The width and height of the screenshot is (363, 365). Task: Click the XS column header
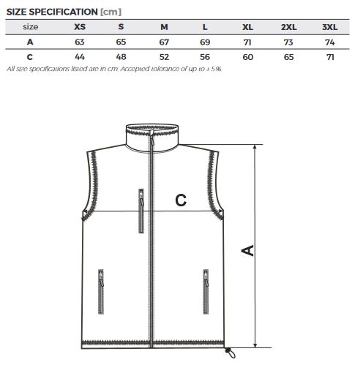click(80, 26)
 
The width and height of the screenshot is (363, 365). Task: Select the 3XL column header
click(330, 27)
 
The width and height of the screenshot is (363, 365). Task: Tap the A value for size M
click(164, 42)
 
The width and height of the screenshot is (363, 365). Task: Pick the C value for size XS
click(80, 57)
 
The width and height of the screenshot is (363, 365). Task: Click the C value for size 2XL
click(288, 57)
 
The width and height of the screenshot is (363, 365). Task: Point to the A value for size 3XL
click(330, 42)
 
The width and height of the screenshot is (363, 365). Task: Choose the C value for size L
click(205, 57)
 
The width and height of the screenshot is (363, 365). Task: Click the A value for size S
click(121, 42)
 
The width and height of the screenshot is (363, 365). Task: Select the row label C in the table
click(30, 57)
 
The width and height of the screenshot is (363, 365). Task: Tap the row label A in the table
click(30, 42)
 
